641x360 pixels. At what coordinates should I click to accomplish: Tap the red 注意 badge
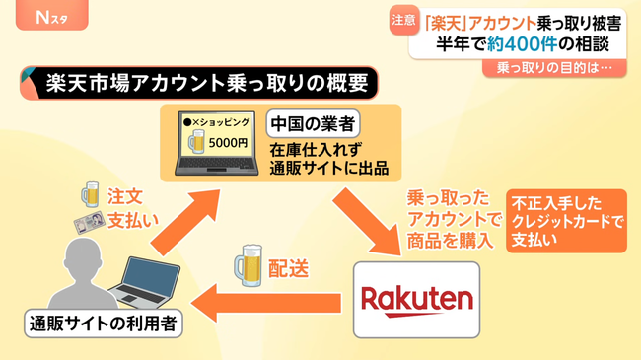coord(402,19)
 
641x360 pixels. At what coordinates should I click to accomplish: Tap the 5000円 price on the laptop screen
coord(228,141)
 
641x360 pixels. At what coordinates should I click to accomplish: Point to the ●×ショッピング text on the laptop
coord(220,119)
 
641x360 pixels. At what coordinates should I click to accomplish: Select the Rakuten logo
coord(416,298)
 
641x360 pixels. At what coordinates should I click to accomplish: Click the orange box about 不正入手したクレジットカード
coord(566,221)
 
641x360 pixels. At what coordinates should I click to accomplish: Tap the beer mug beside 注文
coord(91,192)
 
